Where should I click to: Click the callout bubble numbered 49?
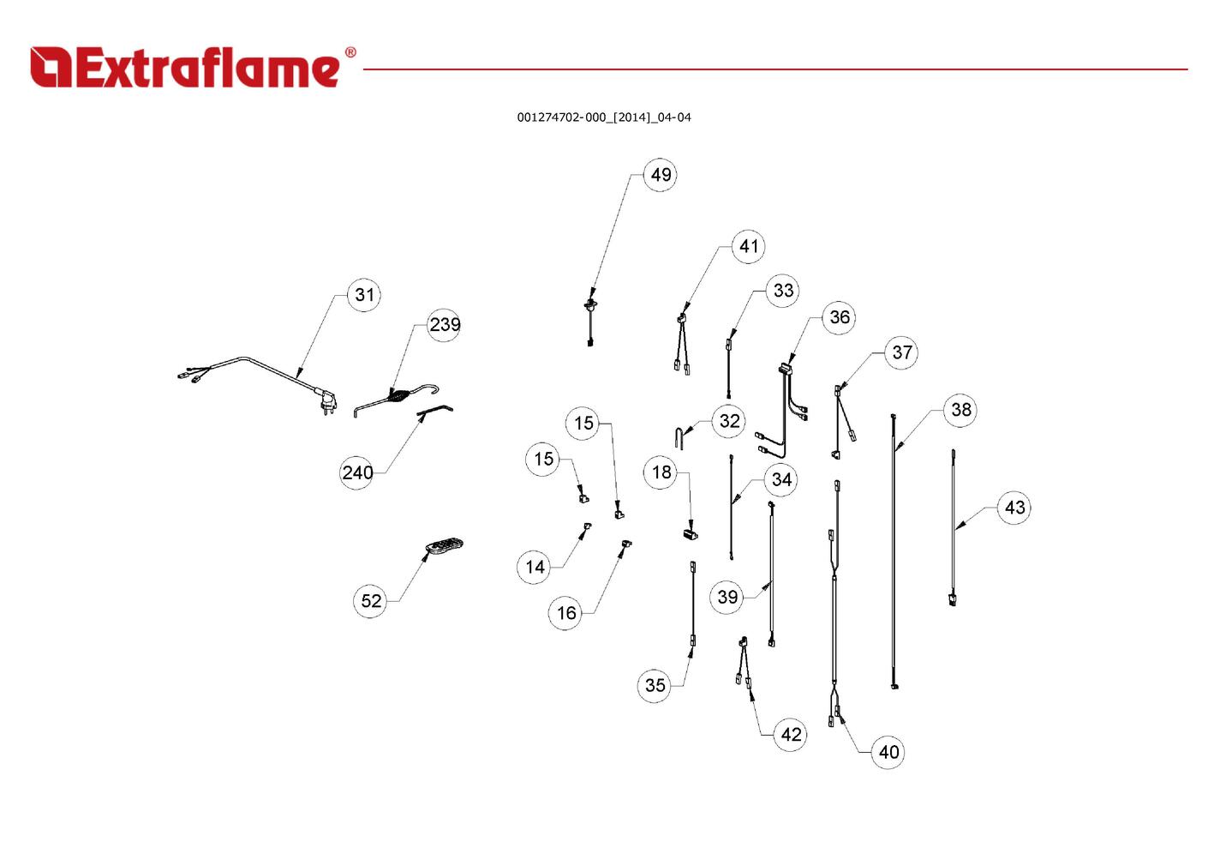[x=661, y=175]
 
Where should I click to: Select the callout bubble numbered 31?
[x=364, y=295]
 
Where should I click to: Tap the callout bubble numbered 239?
[x=445, y=324]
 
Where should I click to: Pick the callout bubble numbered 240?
[x=357, y=472]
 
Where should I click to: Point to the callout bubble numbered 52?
[x=370, y=601]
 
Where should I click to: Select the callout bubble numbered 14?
[x=535, y=567]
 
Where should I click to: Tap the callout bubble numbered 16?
[x=565, y=613]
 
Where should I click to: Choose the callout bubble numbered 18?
[x=661, y=472]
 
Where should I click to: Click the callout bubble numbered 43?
[x=1014, y=508]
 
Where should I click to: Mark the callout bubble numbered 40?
[x=888, y=752]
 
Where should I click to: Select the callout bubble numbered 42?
[x=791, y=734]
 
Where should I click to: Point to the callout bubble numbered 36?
[x=839, y=317]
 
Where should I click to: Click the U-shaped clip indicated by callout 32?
[x=679, y=437]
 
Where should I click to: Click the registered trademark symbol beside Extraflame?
[x=350, y=52]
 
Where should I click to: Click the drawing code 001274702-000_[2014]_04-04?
[x=604, y=117]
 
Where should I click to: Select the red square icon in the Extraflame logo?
[x=51, y=67]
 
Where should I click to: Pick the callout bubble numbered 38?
[x=960, y=410]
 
